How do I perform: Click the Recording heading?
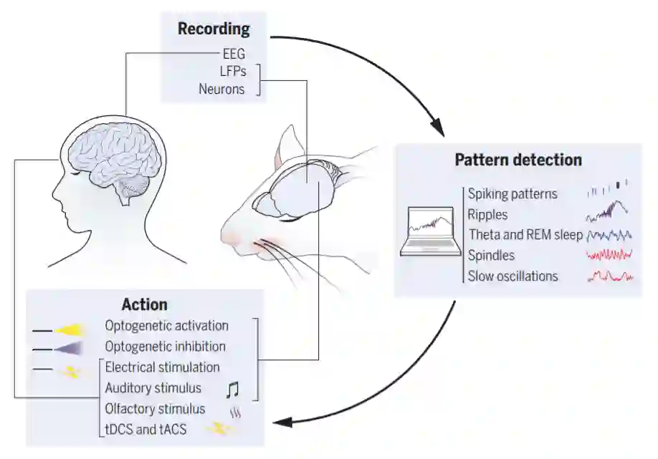(214, 29)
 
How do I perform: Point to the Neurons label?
(221, 90)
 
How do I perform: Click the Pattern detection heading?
(518, 160)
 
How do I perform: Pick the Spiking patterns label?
(512, 193)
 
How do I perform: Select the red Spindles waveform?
(609, 254)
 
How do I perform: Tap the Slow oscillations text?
(512, 276)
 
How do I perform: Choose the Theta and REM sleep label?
(525, 234)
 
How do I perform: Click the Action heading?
(145, 304)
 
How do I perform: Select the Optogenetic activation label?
(166, 326)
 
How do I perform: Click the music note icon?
(232, 389)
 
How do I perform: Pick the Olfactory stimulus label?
(155, 409)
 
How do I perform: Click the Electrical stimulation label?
(162, 367)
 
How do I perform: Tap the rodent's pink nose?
(233, 238)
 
